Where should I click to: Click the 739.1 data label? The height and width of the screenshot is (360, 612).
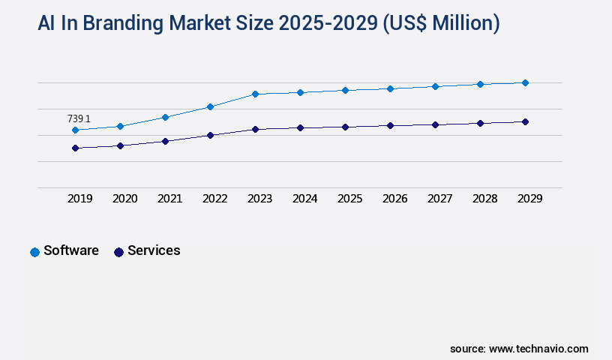click(x=79, y=118)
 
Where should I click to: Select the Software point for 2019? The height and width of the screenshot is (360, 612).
click(x=75, y=130)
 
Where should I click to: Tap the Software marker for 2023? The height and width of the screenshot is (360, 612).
click(x=255, y=94)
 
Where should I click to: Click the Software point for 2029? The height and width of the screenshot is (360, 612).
click(x=525, y=82)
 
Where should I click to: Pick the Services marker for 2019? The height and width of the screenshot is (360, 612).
click(x=75, y=148)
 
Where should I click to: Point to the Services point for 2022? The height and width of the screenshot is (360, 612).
click(x=210, y=135)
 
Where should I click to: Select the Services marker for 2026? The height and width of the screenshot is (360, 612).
click(x=390, y=125)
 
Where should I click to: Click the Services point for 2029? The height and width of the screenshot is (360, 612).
click(x=525, y=121)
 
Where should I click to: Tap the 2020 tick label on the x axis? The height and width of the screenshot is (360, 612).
click(x=124, y=199)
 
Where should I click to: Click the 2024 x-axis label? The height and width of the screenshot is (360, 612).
click(x=304, y=199)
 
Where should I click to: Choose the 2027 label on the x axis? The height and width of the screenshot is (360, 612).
click(x=439, y=199)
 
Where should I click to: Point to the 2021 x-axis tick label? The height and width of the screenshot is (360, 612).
click(x=169, y=199)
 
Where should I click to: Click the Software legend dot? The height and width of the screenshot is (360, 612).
click(x=34, y=252)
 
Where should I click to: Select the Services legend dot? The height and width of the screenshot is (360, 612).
click(x=118, y=252)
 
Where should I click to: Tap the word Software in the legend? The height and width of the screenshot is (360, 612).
click(x=71, y=250)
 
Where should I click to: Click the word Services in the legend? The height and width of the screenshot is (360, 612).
click(x=154, y=250)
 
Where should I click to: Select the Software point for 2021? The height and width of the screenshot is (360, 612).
click(x=165, y=117)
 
